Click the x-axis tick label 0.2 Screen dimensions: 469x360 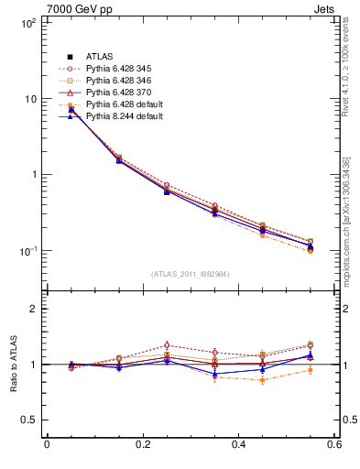pos(143,445)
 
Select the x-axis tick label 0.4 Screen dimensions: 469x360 pos(239,445)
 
